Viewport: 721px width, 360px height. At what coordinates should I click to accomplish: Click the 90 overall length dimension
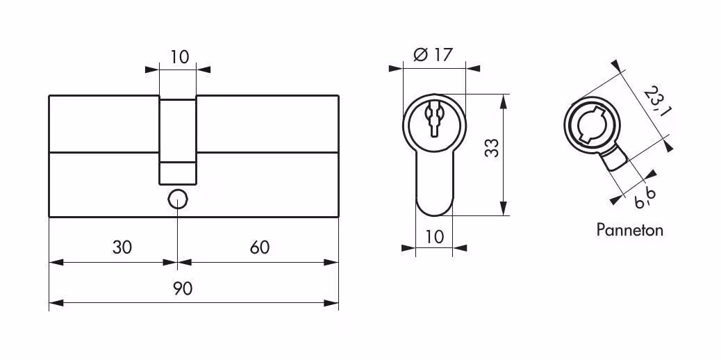pos(183,289)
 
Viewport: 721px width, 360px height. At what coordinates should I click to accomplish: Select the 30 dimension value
pos(122,247)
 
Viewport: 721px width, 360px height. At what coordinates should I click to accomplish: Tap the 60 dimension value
pos(260,247)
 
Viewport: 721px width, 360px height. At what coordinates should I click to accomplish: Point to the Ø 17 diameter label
pos(433,55)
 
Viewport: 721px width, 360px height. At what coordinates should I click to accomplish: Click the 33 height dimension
pos(492,148)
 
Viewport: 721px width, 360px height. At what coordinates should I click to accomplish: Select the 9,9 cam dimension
pos(645,199)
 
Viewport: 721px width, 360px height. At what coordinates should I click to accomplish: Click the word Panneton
pos(629,229)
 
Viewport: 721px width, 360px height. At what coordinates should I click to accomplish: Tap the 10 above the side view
pos(180,58)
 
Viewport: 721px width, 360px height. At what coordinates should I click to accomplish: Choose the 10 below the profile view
pos(435,236)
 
